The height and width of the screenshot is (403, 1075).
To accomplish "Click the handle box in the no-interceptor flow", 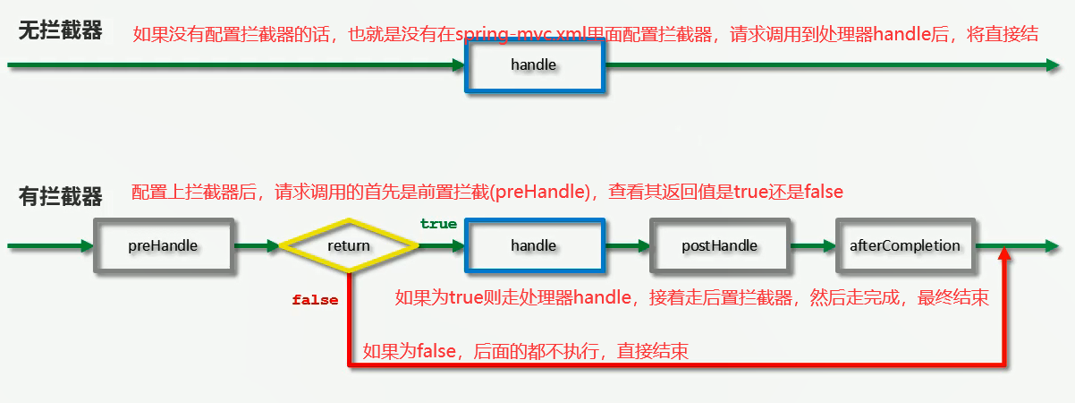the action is pyautogui.click(x=534, y=64).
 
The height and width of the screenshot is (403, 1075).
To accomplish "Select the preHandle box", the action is pyautogui.click(x=163, y=244).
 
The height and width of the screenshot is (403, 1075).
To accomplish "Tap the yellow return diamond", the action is pyautogui.click(x=349, y=244).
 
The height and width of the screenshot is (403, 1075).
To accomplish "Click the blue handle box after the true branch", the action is pyautogui.click(x=534, y=244).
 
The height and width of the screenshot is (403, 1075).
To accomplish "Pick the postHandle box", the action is pyautogui.click(x=719, y=244).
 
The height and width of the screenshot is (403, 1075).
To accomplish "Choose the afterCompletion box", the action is pyautogui.click(x=904, y=244).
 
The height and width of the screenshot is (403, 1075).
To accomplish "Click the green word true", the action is pyautogui.click(x=438, y=224).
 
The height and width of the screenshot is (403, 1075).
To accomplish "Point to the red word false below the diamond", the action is pyautogui.click(x=315, y=300).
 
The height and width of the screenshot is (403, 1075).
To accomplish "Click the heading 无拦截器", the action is pyautogui.click(x=61, y=31).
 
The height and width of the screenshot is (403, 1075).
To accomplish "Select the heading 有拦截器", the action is pyautogui.click(x=61, y=195).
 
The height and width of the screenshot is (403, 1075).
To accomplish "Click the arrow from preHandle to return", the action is pyautogui.click(x=256, y=244).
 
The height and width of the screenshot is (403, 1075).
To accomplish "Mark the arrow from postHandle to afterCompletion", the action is pyautogui.click(x=812, y=244).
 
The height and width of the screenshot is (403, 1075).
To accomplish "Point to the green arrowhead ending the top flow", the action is pyautogui.click(x=1052, y=64).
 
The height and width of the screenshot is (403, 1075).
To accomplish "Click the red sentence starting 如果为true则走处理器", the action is pyautogui.click(x=691, y=297).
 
